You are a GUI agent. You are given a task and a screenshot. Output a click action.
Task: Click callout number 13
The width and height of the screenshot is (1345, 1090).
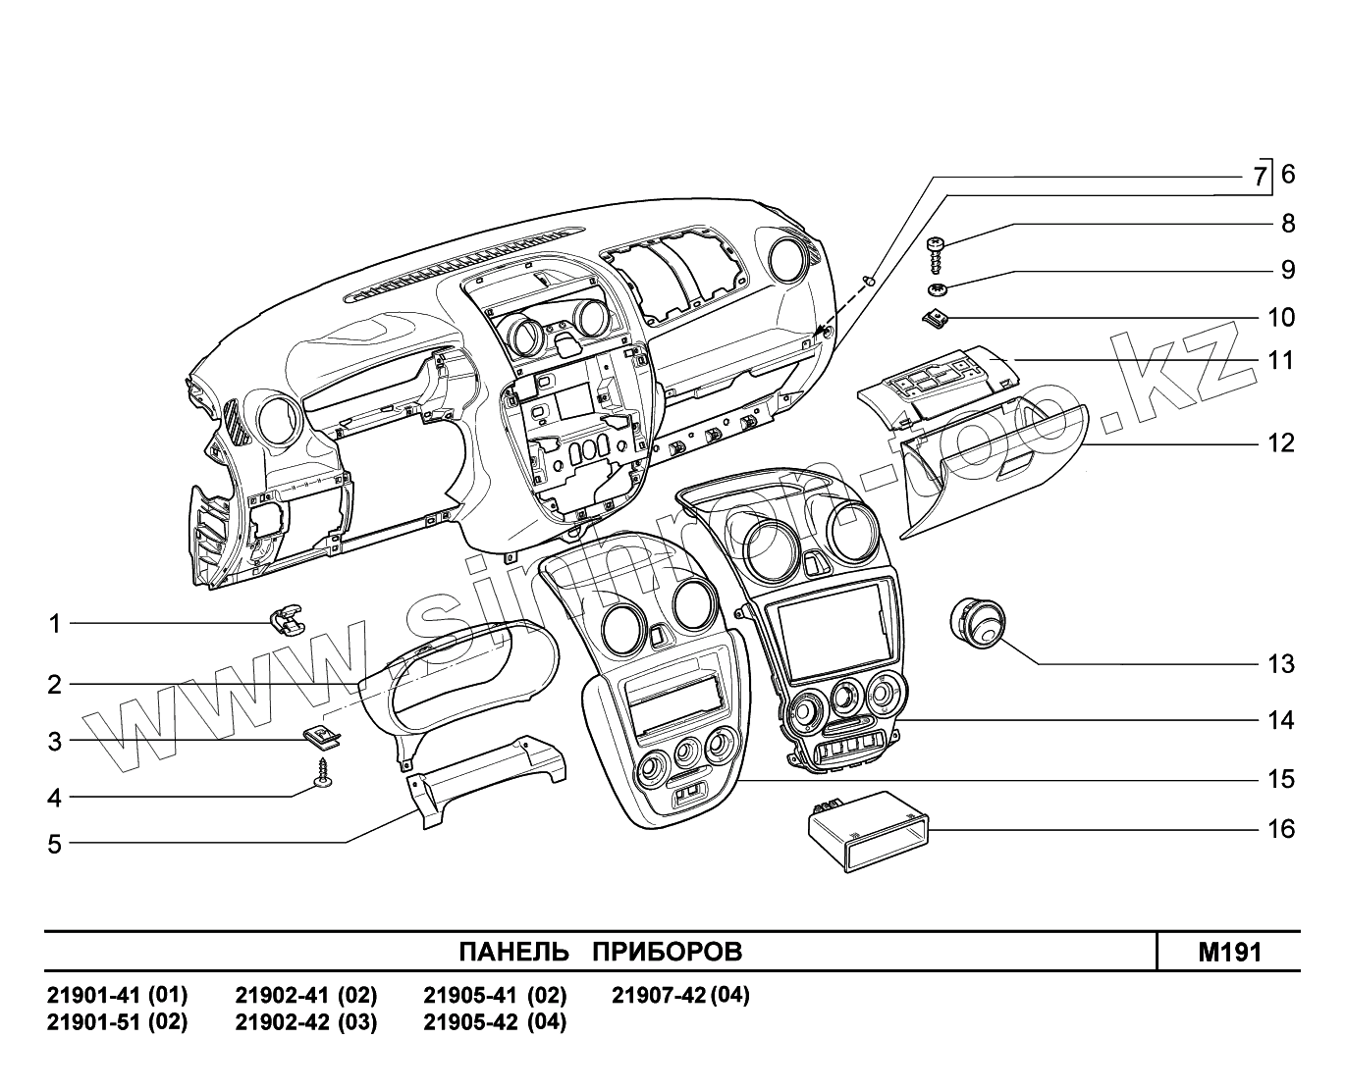pos(1280,664)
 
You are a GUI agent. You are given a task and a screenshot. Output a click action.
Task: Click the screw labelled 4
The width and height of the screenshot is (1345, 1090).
pos(322,773)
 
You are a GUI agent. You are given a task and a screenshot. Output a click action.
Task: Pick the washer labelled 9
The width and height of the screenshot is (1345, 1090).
pos(939,289)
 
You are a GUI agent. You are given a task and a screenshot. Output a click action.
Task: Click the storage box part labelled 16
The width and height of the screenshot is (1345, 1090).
pos(867,829)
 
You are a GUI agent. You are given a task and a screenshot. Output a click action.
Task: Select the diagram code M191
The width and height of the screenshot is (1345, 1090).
pos(1229,952)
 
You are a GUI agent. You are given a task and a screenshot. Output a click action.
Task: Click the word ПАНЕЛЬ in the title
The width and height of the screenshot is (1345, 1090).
pos(514,952)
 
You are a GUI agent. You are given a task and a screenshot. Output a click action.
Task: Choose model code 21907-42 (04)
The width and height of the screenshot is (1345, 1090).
pos(680,995)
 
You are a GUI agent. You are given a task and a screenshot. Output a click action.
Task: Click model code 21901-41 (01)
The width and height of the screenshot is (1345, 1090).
pos(117,995)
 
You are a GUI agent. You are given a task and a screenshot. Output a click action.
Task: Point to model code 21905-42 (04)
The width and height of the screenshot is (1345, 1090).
pos(495,1021)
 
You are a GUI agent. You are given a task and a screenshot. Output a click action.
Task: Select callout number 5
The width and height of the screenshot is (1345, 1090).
pos(55,844)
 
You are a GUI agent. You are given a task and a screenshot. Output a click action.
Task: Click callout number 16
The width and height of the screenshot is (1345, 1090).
pos(1281,829)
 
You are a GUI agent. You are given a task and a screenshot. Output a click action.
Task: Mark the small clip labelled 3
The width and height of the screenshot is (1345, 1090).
pos(320,734)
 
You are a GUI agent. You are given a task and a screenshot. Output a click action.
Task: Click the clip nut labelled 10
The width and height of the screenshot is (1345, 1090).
pos(937,317)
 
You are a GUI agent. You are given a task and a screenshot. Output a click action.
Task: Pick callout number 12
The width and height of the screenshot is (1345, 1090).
pos(1280,443)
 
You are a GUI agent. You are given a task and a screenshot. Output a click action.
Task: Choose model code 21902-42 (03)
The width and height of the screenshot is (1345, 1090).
pos(305,1021)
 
